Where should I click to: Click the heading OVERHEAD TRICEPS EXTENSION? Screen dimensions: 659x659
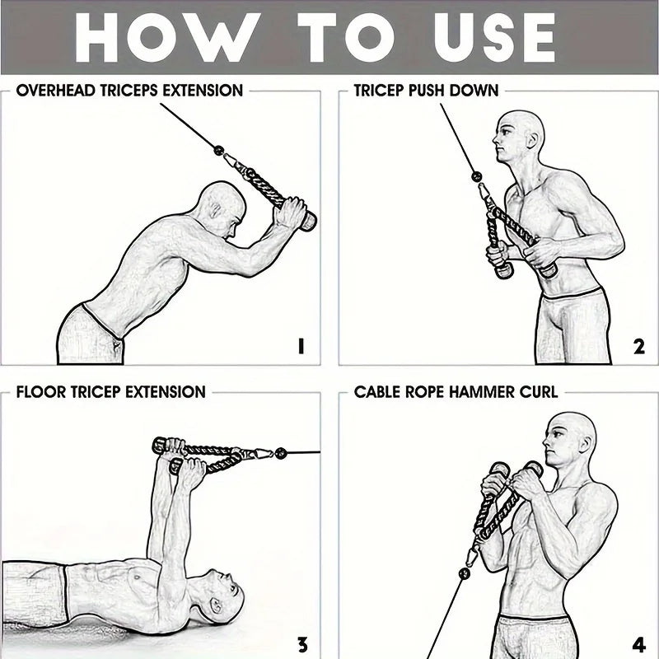point(129,90)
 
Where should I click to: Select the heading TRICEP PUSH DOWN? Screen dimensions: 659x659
point(426,90)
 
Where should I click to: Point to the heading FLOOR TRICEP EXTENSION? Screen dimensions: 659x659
point(110,391)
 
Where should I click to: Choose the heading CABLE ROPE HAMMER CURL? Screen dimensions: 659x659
point(456,391)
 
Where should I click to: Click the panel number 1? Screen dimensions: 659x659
point(301,347)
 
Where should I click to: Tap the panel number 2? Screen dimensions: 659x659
point(639,347)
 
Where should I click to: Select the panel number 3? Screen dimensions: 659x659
point(301,644)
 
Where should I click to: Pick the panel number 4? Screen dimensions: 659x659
point(639,644)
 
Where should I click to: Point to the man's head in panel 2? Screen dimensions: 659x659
point(519,137)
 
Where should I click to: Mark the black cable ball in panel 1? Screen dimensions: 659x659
point(219,151)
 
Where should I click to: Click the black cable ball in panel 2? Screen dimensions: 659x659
point(475,175)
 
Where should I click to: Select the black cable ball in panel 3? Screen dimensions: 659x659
point(281,452)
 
